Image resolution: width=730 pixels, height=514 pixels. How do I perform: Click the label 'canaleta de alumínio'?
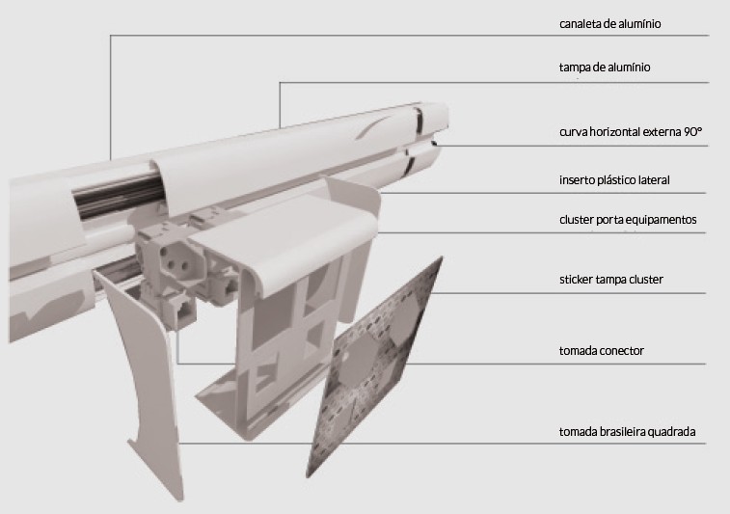609,24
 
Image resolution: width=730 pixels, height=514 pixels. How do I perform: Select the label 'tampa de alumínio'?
605,68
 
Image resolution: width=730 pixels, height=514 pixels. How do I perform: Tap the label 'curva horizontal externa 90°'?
631,132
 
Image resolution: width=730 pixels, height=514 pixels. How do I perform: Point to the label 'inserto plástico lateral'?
614,180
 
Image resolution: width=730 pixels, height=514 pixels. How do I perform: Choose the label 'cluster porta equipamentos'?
628,220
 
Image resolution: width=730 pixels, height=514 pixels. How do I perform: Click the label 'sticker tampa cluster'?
611,280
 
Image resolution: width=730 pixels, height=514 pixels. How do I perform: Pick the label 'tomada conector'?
602,351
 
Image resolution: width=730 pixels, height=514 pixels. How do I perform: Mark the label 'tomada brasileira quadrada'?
628,432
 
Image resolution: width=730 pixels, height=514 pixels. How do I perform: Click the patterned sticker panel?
375,367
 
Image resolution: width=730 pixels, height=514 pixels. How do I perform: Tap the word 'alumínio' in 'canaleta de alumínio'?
639,24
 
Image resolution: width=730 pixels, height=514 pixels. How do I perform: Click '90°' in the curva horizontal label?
692,132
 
